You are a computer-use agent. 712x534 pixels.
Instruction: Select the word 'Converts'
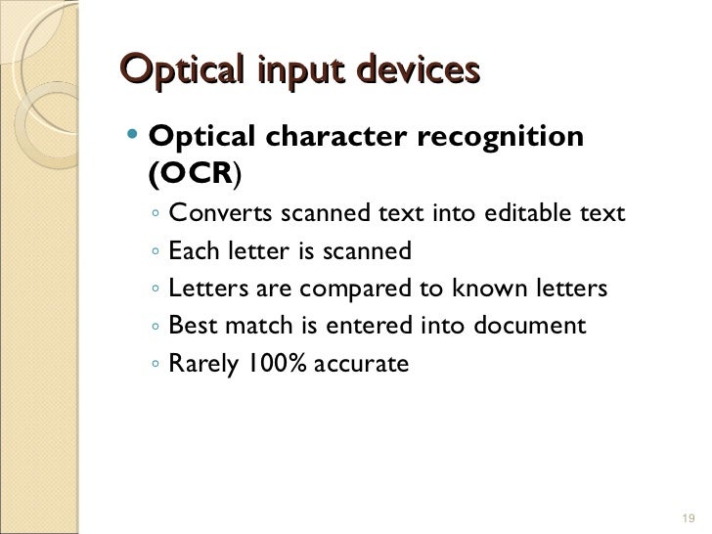221,213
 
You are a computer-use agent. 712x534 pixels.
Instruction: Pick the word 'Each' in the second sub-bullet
192,251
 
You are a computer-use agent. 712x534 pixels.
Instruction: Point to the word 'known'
488,289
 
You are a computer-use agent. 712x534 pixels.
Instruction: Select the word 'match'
256,326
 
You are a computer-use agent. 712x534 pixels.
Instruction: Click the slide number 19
685,517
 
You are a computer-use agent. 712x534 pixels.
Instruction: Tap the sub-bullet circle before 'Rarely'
156,365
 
